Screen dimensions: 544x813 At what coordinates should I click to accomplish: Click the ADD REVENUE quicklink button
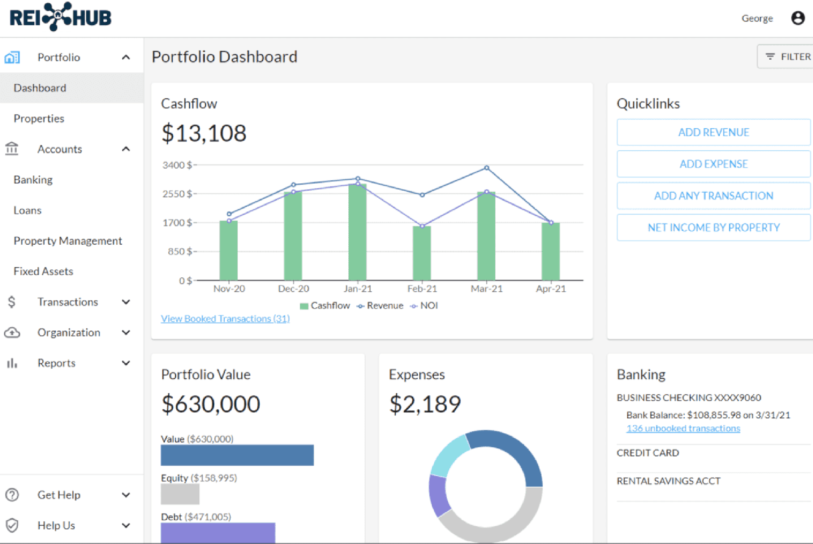coord(713,133)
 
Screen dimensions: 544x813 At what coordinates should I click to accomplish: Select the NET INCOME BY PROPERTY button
coord(713,228)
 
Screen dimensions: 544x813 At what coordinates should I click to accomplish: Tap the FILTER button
coord(788,57)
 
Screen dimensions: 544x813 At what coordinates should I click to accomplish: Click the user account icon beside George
coord(798,18)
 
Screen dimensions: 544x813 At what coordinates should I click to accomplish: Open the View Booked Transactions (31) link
coord(225,319)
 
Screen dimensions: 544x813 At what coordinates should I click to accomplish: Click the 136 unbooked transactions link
coord(683,428)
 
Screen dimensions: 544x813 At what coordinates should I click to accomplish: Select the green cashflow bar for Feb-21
coord(422,254)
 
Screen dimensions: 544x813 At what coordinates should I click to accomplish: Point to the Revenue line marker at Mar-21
coord(487,168)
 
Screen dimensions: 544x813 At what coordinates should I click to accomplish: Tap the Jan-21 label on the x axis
coord(358,289)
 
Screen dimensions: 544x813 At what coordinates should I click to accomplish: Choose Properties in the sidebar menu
coord(39,119)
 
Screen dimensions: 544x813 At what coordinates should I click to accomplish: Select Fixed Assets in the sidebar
coord(43,271)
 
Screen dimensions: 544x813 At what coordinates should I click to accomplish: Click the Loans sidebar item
coord(28,210)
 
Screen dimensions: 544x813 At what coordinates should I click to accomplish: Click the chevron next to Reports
coord(126,363)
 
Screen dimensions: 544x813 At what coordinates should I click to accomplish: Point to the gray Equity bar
coord(180,494)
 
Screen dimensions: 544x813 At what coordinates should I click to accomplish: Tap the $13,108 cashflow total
coord(204,133)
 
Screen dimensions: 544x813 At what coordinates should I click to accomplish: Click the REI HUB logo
coord(61,17)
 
